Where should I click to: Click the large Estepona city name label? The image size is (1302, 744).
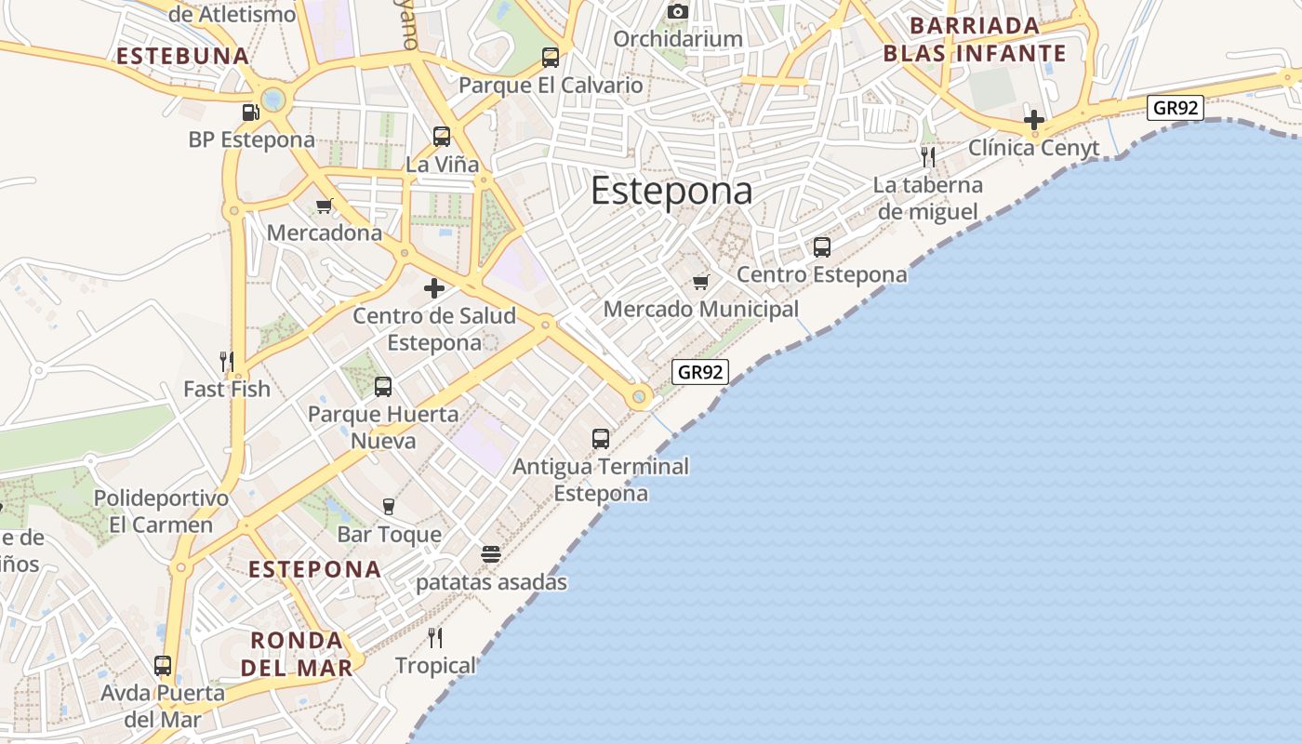click(671, 191)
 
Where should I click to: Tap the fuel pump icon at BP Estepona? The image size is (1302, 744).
click(250, 113)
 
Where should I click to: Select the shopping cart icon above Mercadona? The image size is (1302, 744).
click(324, 206)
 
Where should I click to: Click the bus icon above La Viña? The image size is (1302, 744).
click(442, 137)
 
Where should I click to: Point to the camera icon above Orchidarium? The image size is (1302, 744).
click(678, 11)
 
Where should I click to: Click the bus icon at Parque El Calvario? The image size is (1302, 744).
click(551, 58)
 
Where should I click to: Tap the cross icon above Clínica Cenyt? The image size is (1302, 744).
click(1033, 120)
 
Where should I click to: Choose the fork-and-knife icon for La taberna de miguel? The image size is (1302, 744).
click(927, 156)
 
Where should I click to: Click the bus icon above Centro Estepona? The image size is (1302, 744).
click(822, 247)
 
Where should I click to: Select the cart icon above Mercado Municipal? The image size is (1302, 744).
click(700, 282)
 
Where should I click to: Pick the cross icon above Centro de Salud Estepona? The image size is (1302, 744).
click(434, 288)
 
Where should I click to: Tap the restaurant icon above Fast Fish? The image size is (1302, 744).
click(226, 361)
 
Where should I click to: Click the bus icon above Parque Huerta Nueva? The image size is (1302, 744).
click(383, 386)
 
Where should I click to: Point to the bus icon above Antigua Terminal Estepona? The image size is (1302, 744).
click(601, 438)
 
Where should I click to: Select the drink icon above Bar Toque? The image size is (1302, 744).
click(389, 507)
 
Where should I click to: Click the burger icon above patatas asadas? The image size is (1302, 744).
click(491, 555)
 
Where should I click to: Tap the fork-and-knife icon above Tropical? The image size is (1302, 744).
click(434, 638)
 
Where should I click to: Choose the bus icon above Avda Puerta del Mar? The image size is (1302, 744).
click(163, 666)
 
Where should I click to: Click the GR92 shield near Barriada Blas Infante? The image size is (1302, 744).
click(1175, 108)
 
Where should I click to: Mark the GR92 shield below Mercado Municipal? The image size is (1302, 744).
click(699, 372)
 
